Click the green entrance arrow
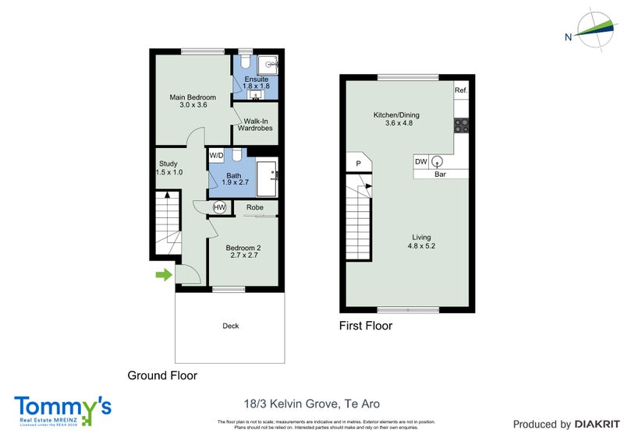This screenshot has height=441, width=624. tap(163, 274)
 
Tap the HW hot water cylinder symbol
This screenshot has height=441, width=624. tap(219, 207)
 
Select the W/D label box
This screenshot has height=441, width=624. tap(216, 155)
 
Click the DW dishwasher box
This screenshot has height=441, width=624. tap(420, 161)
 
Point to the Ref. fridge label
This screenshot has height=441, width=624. tap(461, 90)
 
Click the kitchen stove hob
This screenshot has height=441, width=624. tap(461, 125)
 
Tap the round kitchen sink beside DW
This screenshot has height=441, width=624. tap(438, 162)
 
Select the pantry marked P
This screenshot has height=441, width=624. tap(358, 164)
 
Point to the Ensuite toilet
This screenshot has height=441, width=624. tap(246, 63)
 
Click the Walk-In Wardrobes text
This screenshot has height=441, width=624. tap(257, 125)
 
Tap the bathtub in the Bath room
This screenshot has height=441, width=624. tap(267, 178)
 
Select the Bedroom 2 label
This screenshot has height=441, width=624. tap(243, 252)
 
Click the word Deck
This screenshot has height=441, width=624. tap(230, 326)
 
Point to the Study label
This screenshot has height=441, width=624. tap(168, 168)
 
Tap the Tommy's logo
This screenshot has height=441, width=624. tap(62, 410)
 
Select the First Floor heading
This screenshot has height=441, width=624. tap(365, 326)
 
